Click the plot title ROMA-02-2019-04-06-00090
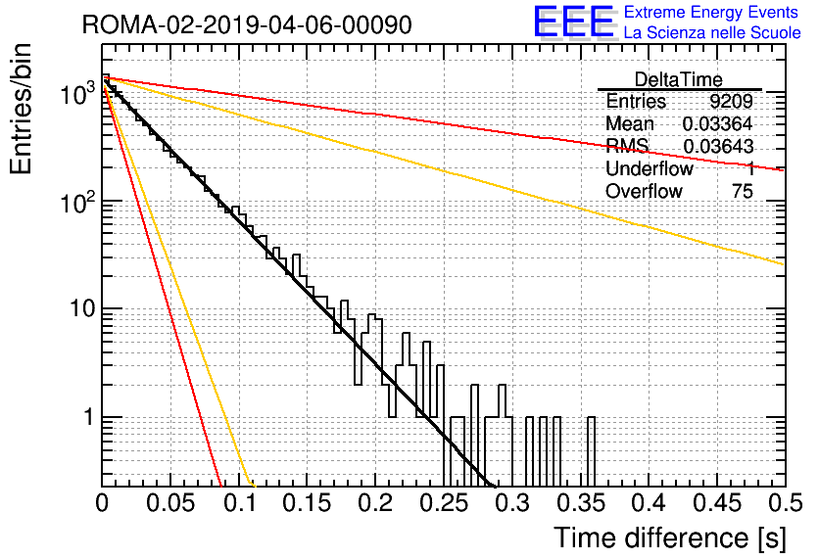(247, 24)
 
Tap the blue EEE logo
(573, 22)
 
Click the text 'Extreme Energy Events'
(711, 12)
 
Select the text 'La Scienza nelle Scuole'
(712, 32)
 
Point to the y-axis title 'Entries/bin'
(21, 110)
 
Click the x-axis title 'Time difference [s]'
(670, 537)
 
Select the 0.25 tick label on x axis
(444, 503)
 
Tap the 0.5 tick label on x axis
(786, 503)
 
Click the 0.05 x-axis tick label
(170, 503)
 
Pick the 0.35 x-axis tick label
(581, 503)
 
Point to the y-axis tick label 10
(82, 308)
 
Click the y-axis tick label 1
(88, 417)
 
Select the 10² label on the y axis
(77, 202)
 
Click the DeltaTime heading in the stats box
(679, 79)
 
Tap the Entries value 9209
(731, 101)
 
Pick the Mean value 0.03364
(717, 123)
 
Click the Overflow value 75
(743, 191)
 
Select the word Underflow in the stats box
(650, 168)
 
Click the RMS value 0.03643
(718, 146)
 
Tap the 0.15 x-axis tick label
(308, 503)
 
